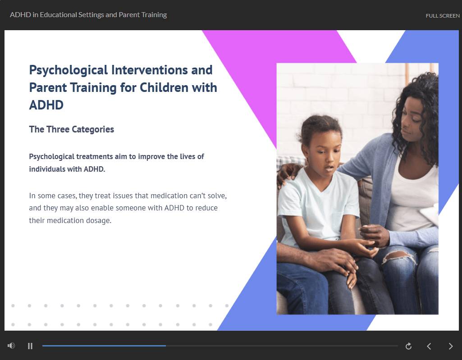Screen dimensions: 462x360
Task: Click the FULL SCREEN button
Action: [443, 16]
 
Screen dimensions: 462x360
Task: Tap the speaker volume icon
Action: [11, 346]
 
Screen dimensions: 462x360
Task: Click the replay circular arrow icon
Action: [408, 346]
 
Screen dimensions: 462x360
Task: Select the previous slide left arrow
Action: [429, 346]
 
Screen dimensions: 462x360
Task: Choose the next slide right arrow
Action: [451, 346]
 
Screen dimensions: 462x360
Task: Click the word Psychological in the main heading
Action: [69, 71]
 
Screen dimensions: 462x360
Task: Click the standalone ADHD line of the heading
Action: [46, 105]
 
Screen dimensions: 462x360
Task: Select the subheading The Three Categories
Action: [71, 129]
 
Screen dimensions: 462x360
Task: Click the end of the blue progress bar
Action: [165, 346]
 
